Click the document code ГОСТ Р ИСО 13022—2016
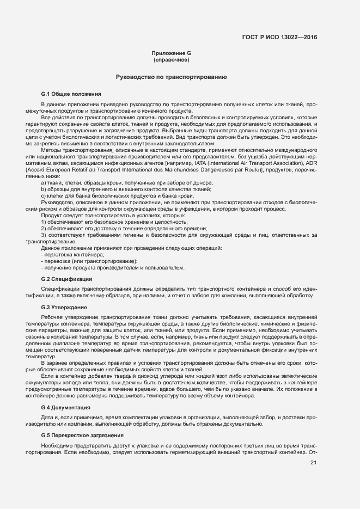point(279,38)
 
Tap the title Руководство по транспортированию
point(171,77)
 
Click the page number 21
point(313,463)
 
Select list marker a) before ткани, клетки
point(44,182)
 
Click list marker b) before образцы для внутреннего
point(44,189)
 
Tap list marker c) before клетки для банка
point(44,195)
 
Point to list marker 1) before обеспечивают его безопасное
point(44,222)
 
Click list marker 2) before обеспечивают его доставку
point(44,229)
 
